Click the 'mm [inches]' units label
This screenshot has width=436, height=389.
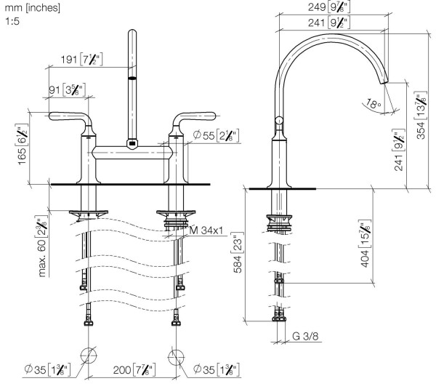tap(31, 7)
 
